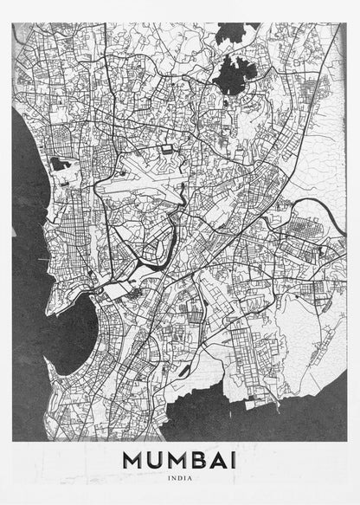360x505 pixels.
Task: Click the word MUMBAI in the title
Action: pos(179,460)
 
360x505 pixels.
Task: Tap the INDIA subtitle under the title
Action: pos(179,477)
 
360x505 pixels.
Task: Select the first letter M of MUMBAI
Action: pos(134,460)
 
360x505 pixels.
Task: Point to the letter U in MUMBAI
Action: pos(156,460)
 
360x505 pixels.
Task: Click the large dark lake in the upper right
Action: pos(229,76)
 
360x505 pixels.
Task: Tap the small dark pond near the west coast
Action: pos(60,164)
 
